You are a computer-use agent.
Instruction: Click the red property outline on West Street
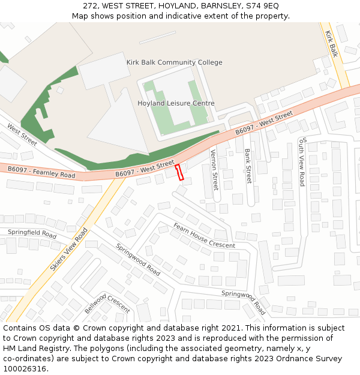pyautogui.click(x=179, y=172)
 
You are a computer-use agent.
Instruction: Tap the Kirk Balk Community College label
pyautogui.click(x=174, y=62)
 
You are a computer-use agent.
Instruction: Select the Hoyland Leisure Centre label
pyautogui.click(x=176, y=103)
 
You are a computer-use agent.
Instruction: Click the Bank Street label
pyautogui.click(x=248, y=166)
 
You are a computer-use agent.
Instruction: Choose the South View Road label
pyautogui.click(x=302, y=161)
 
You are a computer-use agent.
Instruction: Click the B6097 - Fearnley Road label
pyautogui.click(x=41, y=172)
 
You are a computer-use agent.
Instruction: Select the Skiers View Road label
pyautogui.click(x=69, y=249)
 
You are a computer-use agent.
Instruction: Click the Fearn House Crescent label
pyautogui.click(x=205, y=236)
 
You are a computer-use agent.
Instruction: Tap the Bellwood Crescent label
pyautogui.click(x=107, y=303)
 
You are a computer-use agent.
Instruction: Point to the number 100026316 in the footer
pyautogui.click(x=24, y=368)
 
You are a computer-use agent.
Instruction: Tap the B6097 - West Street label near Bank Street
pyautogui.click(x=264, y=122)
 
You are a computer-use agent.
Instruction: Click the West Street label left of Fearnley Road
pyautogui.click(x=22, y=134)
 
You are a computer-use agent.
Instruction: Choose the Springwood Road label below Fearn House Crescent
pyautogui.click(x=137, y=259)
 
